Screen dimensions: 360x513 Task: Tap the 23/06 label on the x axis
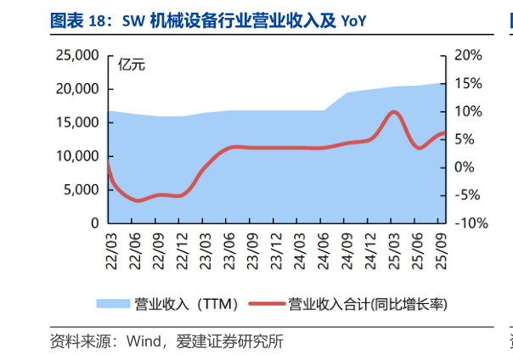click(x=227, y=249)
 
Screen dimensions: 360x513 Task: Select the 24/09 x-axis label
click(x=347, y=249)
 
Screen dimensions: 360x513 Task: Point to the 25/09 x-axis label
click(x=441, y=249)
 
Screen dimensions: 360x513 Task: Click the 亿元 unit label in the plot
click(x=132, y=64)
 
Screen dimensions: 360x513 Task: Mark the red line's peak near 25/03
click(x=393, y=111)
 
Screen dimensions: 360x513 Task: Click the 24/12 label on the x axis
click(x=370, y=249)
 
